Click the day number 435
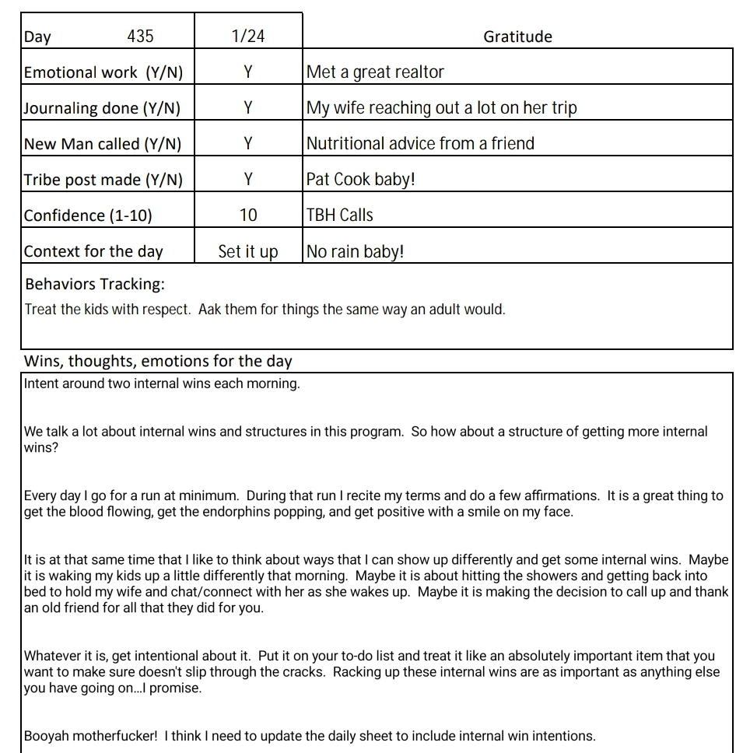coord(140,37)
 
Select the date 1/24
coord(248,37)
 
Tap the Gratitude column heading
coord(517,37)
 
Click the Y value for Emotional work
coord(248,72)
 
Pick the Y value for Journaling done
coord(248,108)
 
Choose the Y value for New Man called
coord(248,144)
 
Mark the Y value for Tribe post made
coord(248,180)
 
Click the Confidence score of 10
coord(248,215)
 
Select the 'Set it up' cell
coord(248,252)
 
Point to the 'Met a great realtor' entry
coord(375,72)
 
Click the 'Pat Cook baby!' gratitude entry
coord(361,180)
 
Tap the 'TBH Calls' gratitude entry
coord(340,215)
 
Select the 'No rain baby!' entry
coord(356,252)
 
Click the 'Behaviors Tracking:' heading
coord(95,284)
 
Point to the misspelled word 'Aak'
coord(210,310)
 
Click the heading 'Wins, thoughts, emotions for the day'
coord(158,361)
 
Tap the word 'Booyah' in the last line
coord(47,736)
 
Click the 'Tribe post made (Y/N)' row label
coord(103,180)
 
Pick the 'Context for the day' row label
coord(93,251)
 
